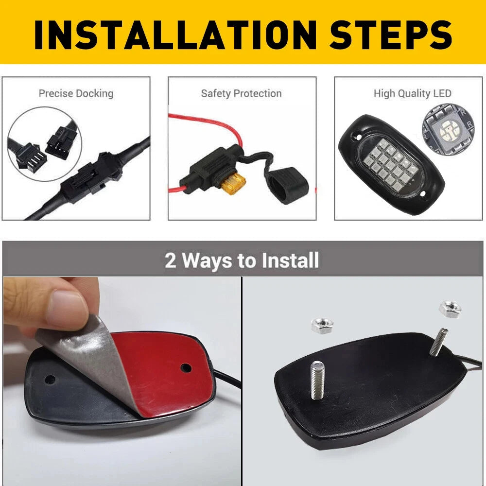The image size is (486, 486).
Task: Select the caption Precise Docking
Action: pyautogui.click(x=76, y=93)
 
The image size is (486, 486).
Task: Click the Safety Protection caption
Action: pyautogui.click(x=242, y=93)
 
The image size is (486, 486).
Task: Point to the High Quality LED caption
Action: pyautogui.click(x=412, y=93)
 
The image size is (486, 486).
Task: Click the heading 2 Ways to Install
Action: pyautogui.click(x=242, y=260)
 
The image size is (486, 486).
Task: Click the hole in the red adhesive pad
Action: pyautogui.click(x=186, y=368)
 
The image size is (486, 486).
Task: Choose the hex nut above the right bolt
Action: pyautogui.click(x=449, y=307)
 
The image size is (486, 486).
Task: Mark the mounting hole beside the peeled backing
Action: pyautogui.click(x=49, y=377)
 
